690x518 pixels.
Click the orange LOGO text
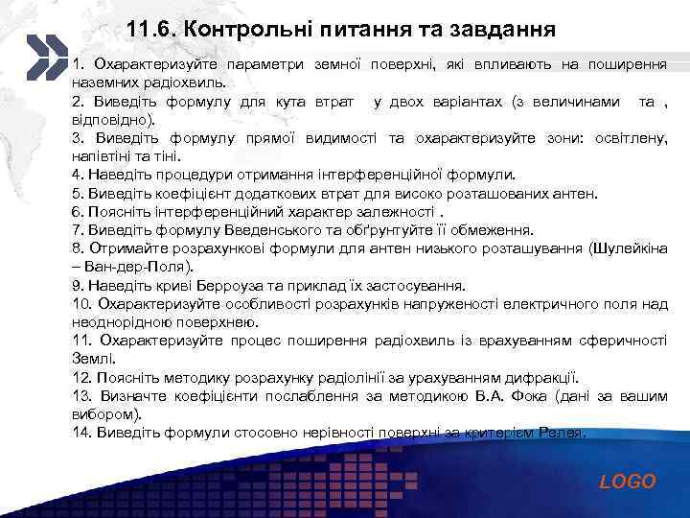click(628, 482)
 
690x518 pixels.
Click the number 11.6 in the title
click(150, 29)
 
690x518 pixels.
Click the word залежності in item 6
click(389, 211)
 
